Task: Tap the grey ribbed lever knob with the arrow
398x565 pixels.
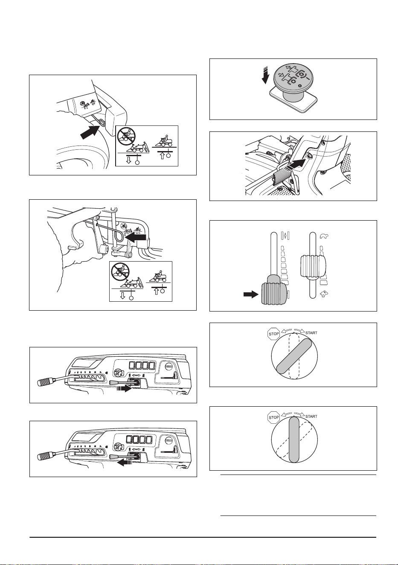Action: pos(273,292)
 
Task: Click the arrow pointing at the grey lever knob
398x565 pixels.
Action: pos(251,294)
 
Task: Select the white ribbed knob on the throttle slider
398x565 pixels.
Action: pos(313,266)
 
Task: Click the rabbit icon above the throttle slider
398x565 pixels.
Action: pos(324,236)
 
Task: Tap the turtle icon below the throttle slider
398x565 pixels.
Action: pos(324,293)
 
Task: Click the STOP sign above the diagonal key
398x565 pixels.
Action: pos(274,333)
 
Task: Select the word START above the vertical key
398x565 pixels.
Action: pos(311,416)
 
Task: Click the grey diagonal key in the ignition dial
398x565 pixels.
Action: pos(294,356)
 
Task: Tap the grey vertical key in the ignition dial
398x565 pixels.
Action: pos(294,440)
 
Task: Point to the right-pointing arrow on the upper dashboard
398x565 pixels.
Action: pos(124,389)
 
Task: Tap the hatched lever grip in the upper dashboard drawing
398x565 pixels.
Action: pos(45,382)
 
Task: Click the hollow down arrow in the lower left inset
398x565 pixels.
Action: pos(122,295)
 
